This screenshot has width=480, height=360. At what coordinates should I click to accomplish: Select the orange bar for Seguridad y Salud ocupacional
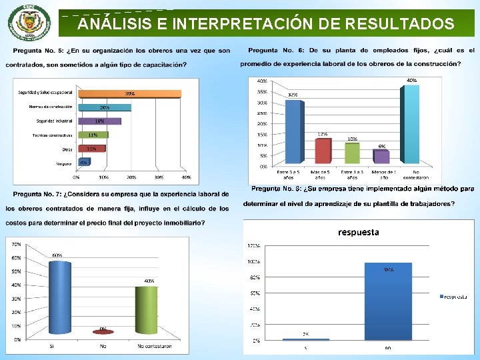pos(126,93)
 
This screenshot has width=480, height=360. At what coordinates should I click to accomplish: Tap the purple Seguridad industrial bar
pos(100,121)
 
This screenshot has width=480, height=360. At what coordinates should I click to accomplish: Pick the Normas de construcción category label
pos(52,107)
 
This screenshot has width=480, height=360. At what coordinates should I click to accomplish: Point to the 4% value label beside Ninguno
pos(83,162)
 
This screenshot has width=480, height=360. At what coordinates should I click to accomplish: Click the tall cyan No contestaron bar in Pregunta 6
pos(411,124)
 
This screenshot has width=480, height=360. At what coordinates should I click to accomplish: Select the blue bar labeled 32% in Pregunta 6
pos(293,131)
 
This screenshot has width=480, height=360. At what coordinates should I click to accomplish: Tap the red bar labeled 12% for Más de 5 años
pos(323,151)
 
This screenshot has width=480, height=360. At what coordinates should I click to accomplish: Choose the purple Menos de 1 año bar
pos(381,156)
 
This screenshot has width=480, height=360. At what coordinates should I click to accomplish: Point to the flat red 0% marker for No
pos(103,331)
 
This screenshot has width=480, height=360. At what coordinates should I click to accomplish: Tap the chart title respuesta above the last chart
pos(358,233)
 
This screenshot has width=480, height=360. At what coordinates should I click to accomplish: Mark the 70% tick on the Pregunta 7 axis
pos(15,244)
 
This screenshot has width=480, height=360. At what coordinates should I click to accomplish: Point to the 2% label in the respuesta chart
pos(305,334)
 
